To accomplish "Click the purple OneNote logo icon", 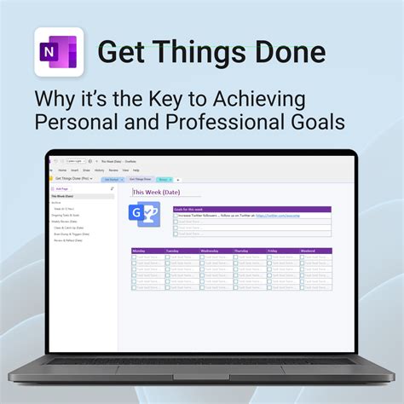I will [x=58, y=53].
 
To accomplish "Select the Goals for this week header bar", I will [x=252, y=209].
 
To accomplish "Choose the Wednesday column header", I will [x=214, y=251].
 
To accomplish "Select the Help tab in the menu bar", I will [x=136, y=170].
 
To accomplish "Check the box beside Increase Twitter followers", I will [x=176, y=216].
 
